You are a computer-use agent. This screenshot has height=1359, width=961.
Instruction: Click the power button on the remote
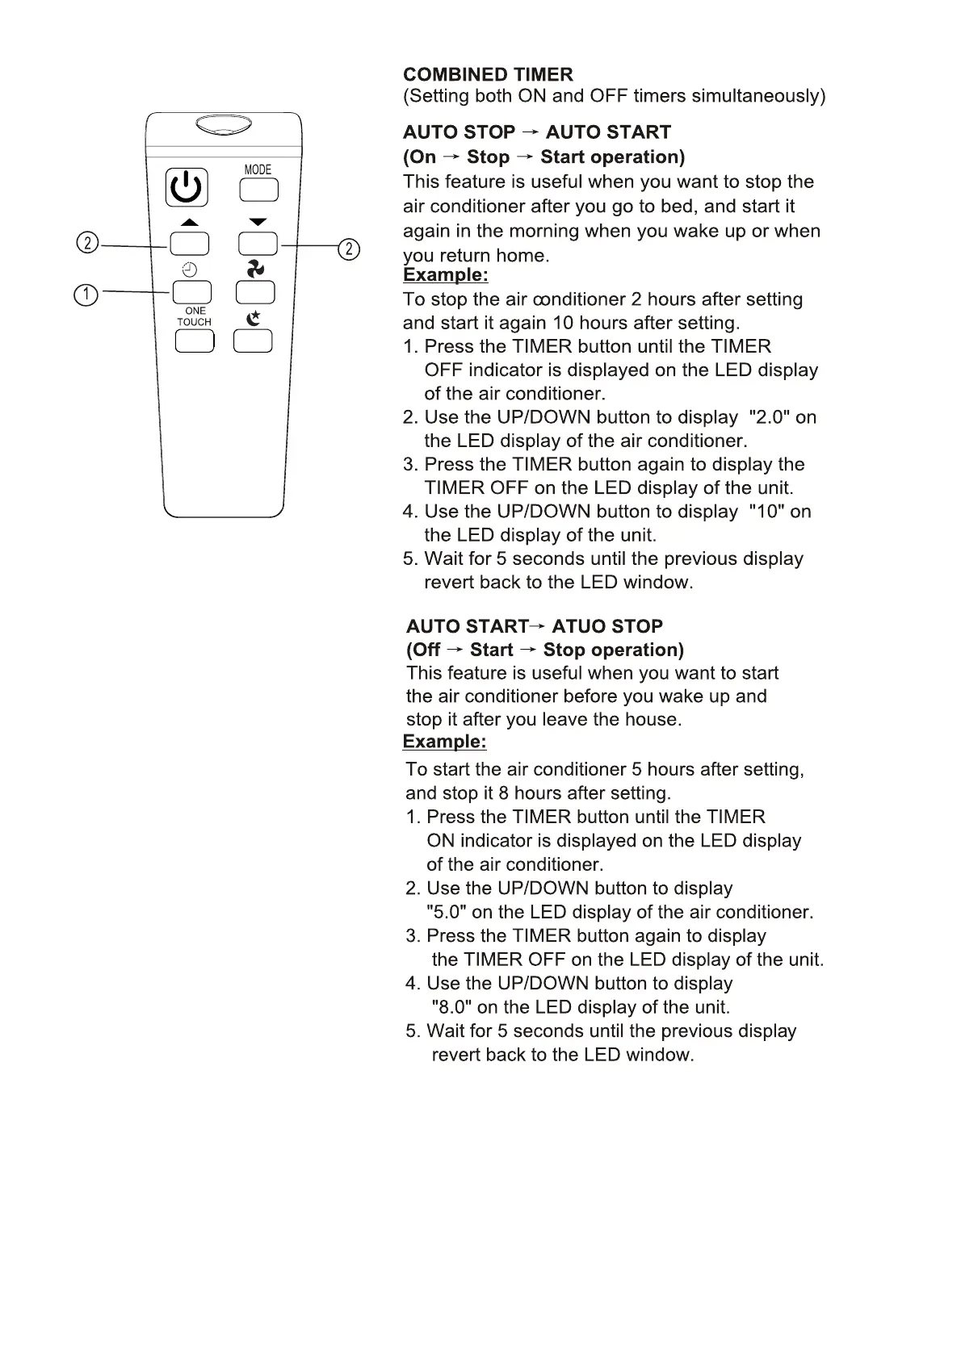click(x=187, y=188)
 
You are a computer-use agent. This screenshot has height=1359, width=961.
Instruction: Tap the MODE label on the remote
click(x=258, y=169)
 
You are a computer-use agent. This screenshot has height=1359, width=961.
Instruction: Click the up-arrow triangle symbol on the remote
click(x=189, y=223)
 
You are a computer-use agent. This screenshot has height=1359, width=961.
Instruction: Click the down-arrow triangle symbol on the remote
click(x=258, y=222)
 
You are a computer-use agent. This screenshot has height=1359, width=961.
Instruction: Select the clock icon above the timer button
click(x=190, y=270)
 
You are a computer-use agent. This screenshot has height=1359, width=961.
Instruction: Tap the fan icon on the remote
click(x=255, y=269)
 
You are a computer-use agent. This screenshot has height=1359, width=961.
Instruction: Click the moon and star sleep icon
click(x=254, y=318)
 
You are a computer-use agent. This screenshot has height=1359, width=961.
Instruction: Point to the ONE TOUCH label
click(x=195, y=316)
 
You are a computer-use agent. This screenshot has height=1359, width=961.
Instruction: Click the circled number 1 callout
click(x=86, y=295)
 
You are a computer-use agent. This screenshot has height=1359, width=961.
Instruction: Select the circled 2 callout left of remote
click(x=87, y=243)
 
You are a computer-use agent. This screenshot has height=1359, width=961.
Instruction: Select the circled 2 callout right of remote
click(x=348, y=249)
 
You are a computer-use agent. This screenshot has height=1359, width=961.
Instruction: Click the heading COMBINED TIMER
click(x=488, y=75)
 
